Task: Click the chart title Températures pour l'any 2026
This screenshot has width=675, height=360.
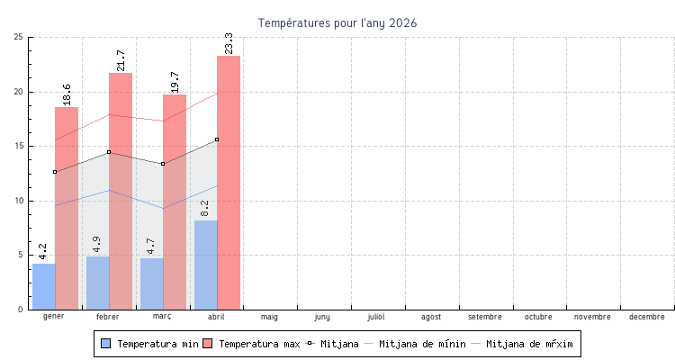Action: [337, 22]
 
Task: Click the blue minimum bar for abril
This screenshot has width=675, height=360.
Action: [205, 265]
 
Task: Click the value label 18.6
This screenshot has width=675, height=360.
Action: [67, 94]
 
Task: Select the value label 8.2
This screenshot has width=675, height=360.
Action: [205, 208]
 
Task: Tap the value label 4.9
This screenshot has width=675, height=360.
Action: [97, 244]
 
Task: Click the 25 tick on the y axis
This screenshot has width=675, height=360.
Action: [19, 37]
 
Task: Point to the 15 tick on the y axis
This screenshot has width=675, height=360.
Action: [19, 146]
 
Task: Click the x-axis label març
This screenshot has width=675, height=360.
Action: [162, 317]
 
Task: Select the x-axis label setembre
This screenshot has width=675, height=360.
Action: [485, 317]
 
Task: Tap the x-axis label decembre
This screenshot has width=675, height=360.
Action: [647, 317]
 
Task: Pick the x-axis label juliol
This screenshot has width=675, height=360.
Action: [377, 317]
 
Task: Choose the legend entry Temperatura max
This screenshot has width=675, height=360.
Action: [251, 344]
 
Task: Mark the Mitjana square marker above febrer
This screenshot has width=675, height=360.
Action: [109, 152]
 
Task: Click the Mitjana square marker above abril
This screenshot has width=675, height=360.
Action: [217, 139]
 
